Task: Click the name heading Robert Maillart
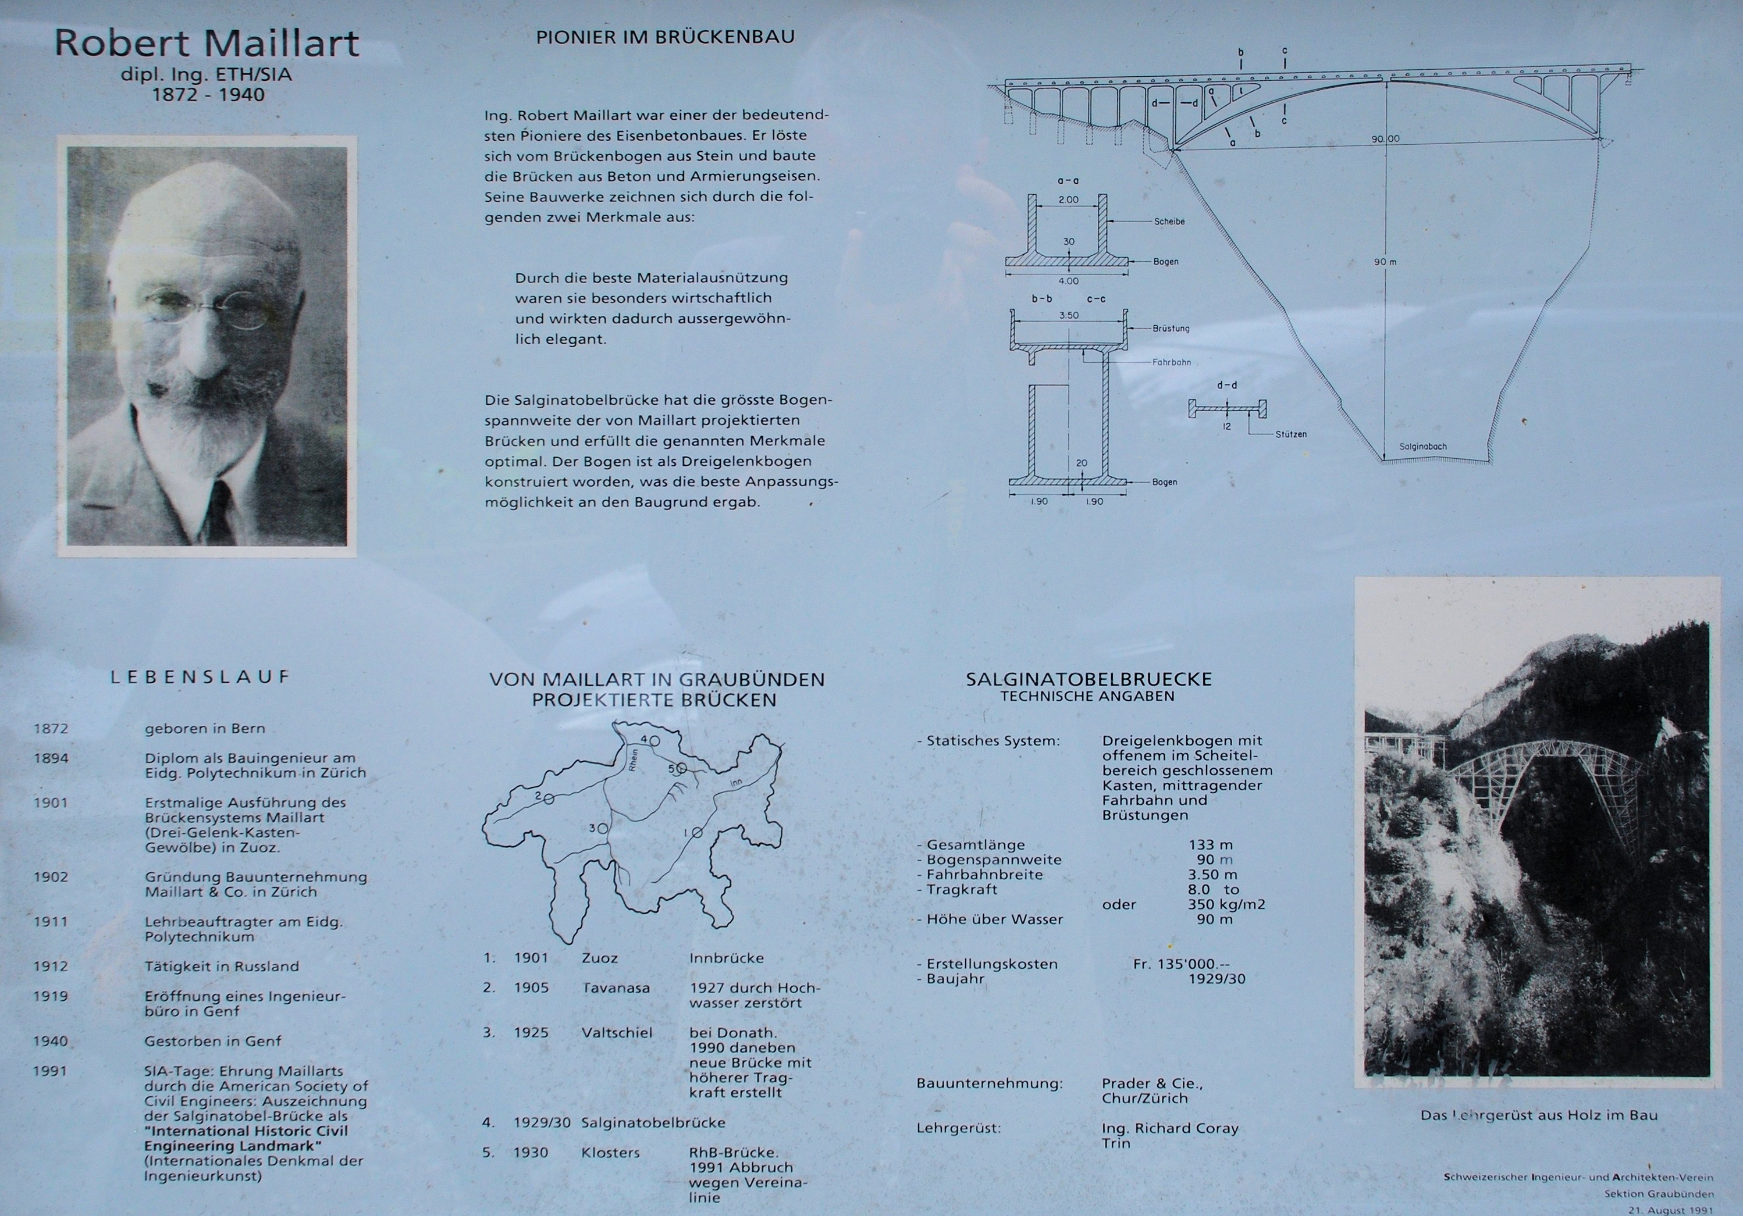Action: click(207, 42)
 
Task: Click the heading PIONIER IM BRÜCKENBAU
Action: click(665, 37)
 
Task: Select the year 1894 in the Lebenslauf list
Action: click(51, 758)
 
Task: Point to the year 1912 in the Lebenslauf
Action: click(51, 967)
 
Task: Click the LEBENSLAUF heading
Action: click(200, 676)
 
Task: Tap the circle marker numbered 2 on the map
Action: click(548, 798)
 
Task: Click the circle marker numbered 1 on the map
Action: click(697, 833)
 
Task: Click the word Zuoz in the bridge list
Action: click(600, 958)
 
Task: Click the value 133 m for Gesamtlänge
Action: click(1211, 845)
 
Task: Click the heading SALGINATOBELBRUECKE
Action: click(1089, 679)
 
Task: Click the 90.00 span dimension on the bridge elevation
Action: click(1385, 139)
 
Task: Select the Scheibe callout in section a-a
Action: click(1169, 222)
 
